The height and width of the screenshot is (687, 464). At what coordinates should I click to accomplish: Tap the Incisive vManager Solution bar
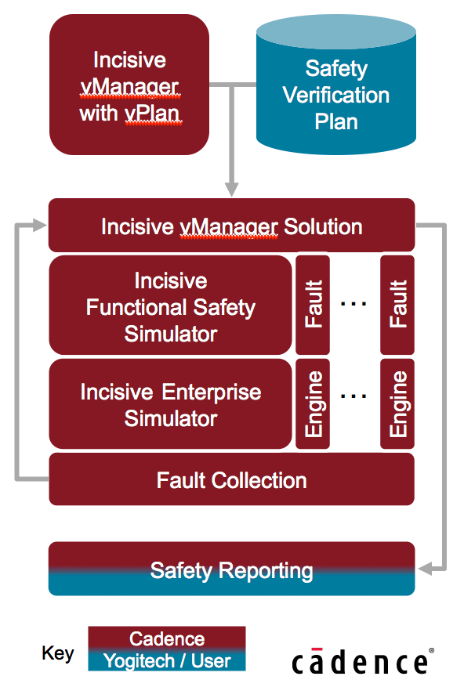[231, 226]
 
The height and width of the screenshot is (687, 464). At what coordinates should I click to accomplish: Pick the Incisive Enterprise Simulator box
[170, 404]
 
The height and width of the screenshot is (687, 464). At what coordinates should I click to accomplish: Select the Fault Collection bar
[231, 479]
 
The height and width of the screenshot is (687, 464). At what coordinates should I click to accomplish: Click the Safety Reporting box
[231, 569]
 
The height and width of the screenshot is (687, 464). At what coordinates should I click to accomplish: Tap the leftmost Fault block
[313, 305]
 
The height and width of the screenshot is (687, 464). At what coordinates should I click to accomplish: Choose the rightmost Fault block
[397, 305]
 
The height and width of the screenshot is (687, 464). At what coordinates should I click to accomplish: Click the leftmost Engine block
[313, 404]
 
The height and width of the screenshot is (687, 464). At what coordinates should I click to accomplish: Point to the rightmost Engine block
[397, 404]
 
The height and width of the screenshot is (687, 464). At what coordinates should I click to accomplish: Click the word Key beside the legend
[58, 653]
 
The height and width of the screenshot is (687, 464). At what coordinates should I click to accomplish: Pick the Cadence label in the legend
[166, 638]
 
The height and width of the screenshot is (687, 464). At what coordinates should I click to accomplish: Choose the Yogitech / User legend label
[166, 660]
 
